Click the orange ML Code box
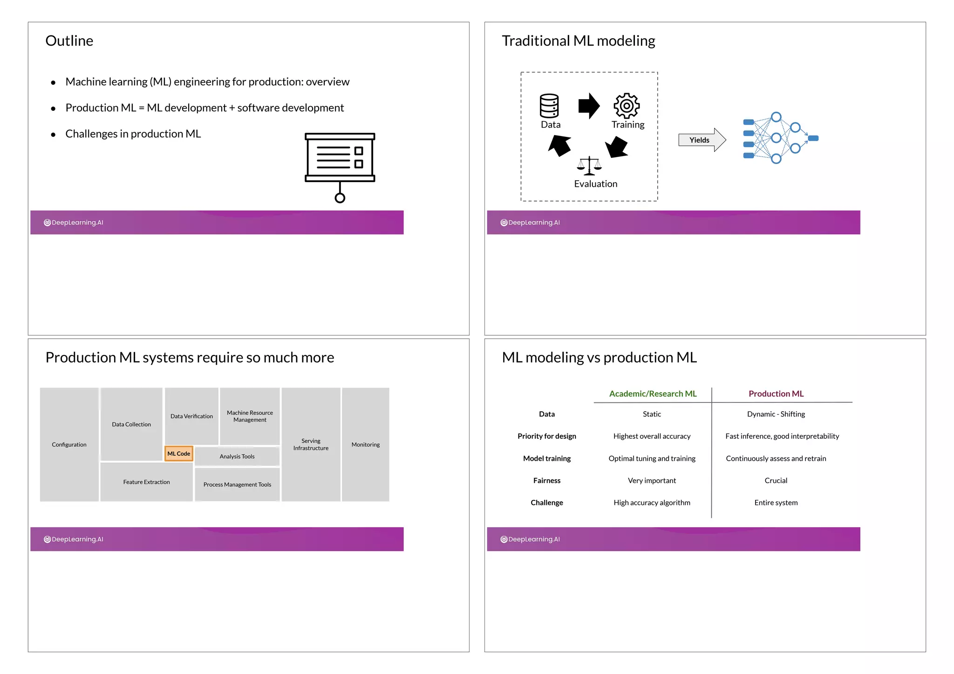click(179, 454)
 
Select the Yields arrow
click(702, 140)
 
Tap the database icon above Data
click(549, 106)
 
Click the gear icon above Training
click(627, 106)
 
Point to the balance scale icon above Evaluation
click(589, 166)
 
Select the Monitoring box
click(366, 444)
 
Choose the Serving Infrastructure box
click(311, 444)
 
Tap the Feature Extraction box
click(146, 482)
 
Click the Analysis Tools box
click(237, 456)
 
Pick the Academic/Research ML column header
click(653, 394)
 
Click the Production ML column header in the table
click(776, 394)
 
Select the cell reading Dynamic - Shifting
click(776, 414)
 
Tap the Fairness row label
click(547, 480)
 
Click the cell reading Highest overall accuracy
click(652, 436)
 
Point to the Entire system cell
click(776, 503)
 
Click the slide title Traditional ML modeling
click(579, 41)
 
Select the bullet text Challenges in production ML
click(133, 134)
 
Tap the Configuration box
click(69, 444)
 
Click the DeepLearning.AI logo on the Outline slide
click(74, 223)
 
